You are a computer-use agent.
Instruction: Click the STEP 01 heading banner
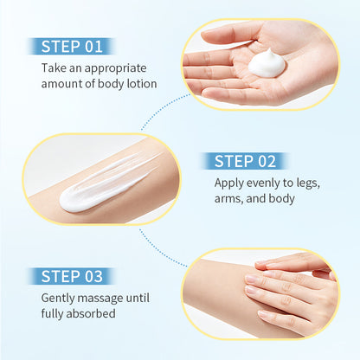72,47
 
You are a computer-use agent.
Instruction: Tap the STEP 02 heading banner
245,161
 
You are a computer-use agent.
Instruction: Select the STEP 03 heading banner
72,276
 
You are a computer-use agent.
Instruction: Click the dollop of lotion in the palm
267,64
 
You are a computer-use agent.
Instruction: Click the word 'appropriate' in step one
115,69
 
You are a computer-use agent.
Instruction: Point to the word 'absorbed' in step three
91,313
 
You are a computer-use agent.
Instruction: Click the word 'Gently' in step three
58,299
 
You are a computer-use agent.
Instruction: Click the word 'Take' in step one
52,68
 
